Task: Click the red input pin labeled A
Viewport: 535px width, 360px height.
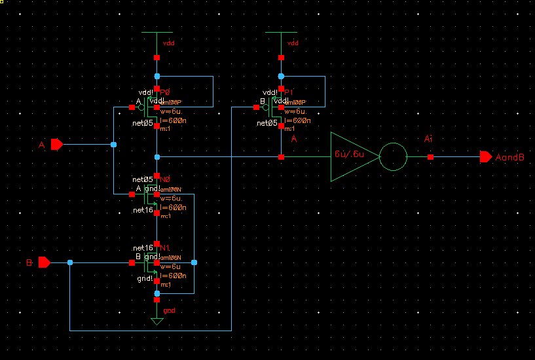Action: tap(56, 144)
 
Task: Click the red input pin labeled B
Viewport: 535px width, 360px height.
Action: tap(44, 262)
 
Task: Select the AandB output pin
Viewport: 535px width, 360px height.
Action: tap(486, 156)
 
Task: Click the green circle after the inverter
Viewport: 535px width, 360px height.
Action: tap(394, 156)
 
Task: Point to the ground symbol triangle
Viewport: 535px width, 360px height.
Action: tap(157, 321)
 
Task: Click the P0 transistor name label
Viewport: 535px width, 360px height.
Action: tap(165, 93)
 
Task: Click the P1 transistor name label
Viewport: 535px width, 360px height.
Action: tap(289, 93)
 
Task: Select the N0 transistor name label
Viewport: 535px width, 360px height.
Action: tap(165, 179)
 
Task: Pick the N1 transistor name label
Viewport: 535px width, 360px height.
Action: tap(165, 248)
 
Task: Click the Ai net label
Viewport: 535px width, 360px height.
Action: tap(429, 139)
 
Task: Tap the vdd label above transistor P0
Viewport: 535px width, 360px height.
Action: tap(168, 43)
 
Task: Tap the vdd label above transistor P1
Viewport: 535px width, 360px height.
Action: tap(293, 43)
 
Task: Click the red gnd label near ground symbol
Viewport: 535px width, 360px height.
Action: tap(169, 310)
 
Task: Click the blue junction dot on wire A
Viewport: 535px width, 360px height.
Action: tap(113, 144)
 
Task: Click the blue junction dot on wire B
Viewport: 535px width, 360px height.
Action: tap(70, 262)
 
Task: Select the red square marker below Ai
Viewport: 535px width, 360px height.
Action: tap(430, 157)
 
